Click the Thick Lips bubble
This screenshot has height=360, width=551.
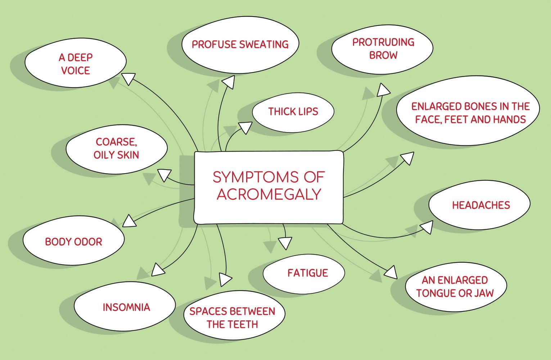pyautogui.click(x=293, y=111)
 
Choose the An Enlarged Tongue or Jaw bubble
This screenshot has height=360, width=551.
pyautogui.click(x=455, y=286)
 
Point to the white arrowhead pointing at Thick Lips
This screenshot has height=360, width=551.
pyautogui.click(x=245, y=127)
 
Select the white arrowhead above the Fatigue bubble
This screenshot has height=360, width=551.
pyautogui.click(x=285, y=243)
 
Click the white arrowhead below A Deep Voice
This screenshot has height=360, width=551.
pyautogui.click(x=128, y=78)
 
